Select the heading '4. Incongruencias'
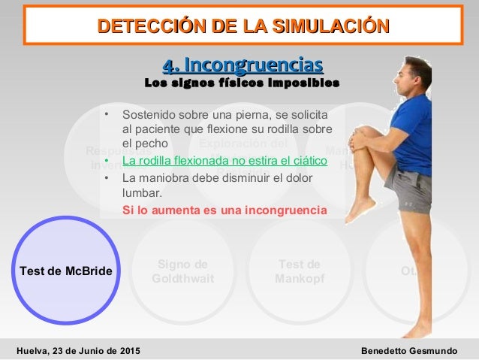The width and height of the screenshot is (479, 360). tap(243, 62)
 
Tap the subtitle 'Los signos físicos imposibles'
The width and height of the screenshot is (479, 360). tap(242, 81)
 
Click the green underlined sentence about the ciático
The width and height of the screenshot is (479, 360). tap(224, 161)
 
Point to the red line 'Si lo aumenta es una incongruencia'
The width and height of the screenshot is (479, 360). tap(224, 210)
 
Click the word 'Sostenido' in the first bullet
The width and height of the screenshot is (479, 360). tap(146, 116)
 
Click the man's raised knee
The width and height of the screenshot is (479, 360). tap(362, 140)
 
